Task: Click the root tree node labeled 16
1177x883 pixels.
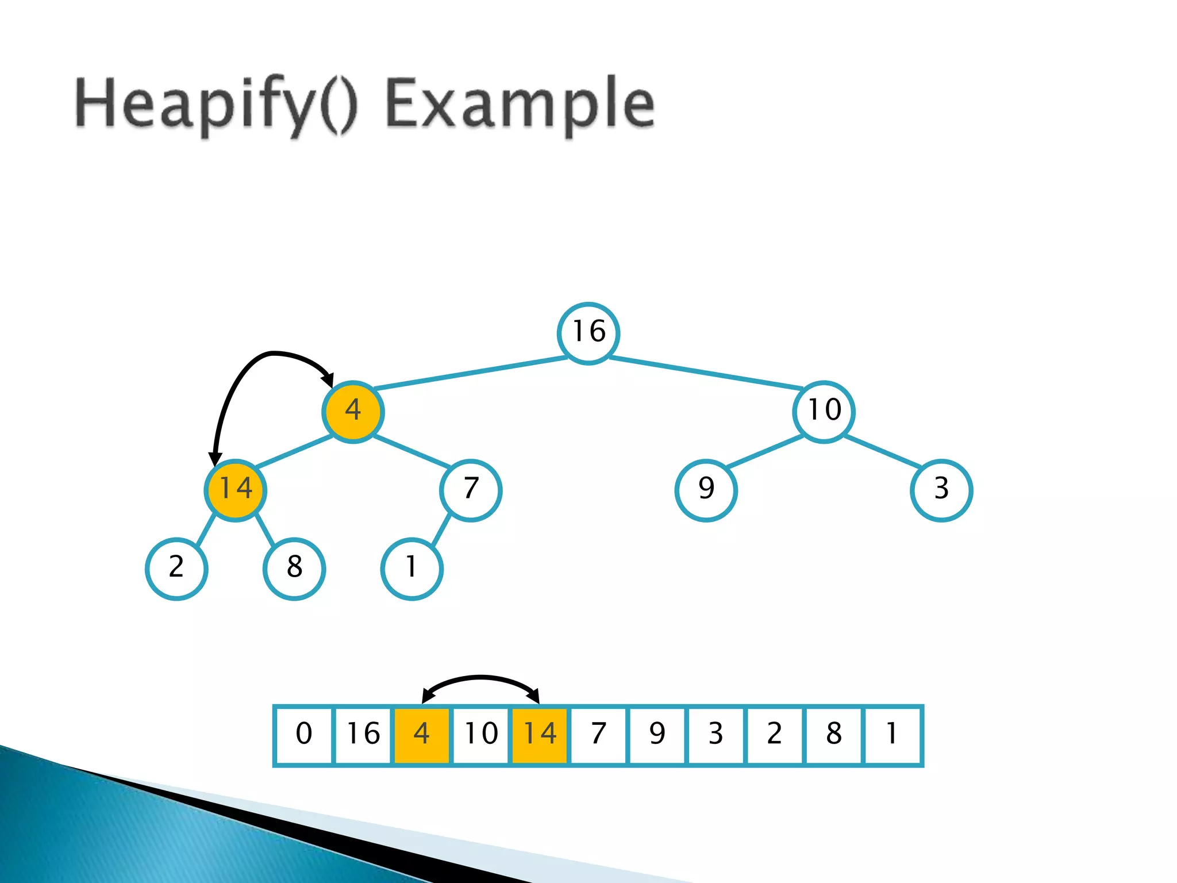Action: [x=588, y=333]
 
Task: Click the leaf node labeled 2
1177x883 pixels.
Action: [x=176, y=569]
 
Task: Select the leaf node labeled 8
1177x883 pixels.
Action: [x=294, y=569]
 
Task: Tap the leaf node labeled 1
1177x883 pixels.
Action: [x=411, y=569]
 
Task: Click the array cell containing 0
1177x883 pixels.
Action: [x=304, y=735]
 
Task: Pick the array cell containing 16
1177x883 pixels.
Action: [x=363, y=735]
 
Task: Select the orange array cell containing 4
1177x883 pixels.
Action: [x=422, y=735]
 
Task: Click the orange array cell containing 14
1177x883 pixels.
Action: [x=540, y=735]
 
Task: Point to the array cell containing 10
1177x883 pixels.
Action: [x=481, y=735]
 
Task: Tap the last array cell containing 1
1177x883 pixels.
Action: [x=892, y=735]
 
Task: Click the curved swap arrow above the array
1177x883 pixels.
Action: [x=480, y=678]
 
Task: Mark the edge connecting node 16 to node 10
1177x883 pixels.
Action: [x=706, y=372]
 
